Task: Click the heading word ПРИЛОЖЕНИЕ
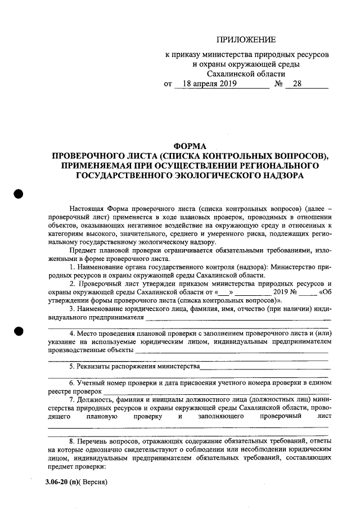tap(246, 39)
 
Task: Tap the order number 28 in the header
tap(297, 84)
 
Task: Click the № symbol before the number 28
tap(278, 84)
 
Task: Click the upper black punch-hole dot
tap(18, 193)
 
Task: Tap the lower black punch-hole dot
tap(18, 331)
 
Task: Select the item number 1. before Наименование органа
tap(72, 265)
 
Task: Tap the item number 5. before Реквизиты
tap(72, 366)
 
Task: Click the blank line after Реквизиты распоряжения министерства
tap(264, 367)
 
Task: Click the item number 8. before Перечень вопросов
tap(72, 442)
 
